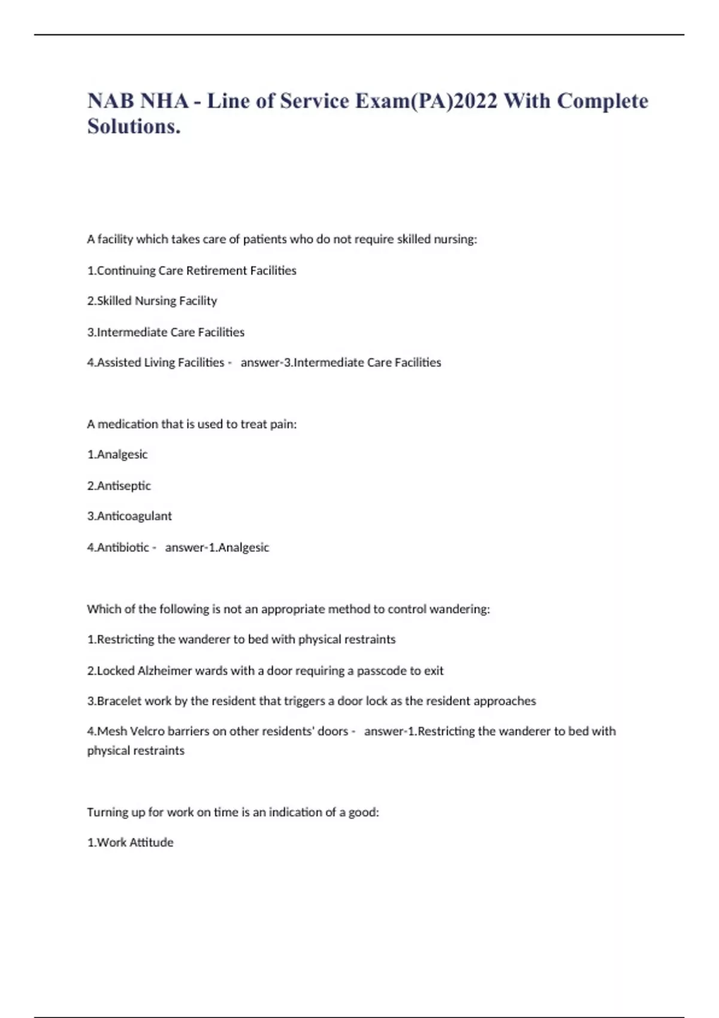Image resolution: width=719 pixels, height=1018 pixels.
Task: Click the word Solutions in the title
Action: [x=134, y=126]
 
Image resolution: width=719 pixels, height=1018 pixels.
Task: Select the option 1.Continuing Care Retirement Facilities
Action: [x=192, y=271]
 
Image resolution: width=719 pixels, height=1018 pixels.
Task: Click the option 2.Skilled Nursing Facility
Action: [x=152, y=301]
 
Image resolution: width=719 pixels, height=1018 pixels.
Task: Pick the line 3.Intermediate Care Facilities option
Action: [x=166, y=332]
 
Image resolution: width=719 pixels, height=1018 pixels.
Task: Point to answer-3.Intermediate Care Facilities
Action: [x=341, y=363]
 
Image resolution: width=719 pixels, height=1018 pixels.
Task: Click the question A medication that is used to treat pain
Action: [x=192, y=425]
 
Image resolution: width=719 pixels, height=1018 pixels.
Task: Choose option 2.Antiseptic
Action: [x=119, y=486]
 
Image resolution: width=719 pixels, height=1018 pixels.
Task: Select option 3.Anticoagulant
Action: [x=129, y=516]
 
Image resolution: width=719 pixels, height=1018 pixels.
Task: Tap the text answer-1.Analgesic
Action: [x=217, y=547]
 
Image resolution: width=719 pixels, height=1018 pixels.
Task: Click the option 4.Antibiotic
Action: [x=118, y=547]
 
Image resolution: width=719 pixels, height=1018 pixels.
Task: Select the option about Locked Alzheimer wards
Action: [x=265, y=671]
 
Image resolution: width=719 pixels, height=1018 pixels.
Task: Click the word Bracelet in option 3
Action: [x=120, y=701]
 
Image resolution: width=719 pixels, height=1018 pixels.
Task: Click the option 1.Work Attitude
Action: [x=130, y=843]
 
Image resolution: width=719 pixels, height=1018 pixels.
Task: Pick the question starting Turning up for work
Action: [x=233, y=813]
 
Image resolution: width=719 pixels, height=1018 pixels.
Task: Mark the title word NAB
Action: [x=111, y=101]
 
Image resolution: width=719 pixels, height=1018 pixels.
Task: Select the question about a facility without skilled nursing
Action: [x=282, y=240]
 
